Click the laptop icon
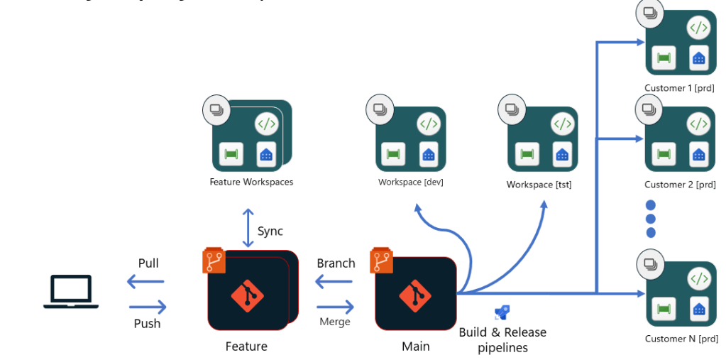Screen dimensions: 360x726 point(71,292)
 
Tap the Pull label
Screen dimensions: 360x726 point(148,263)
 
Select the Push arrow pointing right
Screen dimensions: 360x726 point(148,307)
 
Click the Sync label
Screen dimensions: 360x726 point(270,231)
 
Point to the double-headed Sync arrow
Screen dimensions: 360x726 point(248,228)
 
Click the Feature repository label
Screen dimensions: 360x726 point(246,347)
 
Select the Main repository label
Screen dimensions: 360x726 point(416,347)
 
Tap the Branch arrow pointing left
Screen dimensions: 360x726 point(334,283)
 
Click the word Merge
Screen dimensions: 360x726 point(335,322)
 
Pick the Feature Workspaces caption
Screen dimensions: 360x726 point(251,182)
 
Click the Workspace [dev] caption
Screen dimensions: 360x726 point(411,182)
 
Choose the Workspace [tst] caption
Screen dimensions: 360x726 point(539,185)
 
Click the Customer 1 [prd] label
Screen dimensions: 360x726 point(679,88)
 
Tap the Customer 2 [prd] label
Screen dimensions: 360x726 point(679,185)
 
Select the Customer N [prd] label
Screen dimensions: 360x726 point(679,339)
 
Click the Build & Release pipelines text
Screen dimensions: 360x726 point(502,339)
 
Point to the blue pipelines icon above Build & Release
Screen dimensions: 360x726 point(502,312)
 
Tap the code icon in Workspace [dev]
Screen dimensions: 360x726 point(428,124)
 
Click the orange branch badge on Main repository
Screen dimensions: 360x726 point(381,261)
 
